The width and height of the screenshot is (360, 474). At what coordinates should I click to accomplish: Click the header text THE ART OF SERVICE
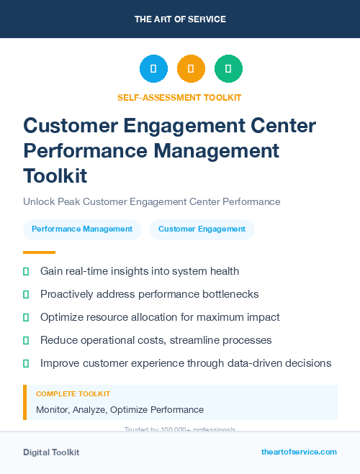click(x=180, y=19)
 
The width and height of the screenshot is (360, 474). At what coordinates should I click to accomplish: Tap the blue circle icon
click(x=153, y=69)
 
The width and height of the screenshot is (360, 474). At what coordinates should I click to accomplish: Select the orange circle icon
click(x=191, y=69)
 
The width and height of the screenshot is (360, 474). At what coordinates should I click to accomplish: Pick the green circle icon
click(x=228, y=69)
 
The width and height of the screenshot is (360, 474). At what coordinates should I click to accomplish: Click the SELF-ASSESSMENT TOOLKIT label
click(x=179, y=97)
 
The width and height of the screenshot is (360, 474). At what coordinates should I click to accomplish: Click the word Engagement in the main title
click(x=196, y=126)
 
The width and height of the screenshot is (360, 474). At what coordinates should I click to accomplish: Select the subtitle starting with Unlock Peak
click(x=151, y=202)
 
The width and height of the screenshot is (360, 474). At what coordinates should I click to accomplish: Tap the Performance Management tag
click(x=82, y=229)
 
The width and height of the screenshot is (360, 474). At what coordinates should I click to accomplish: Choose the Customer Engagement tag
click(x=202, y=229)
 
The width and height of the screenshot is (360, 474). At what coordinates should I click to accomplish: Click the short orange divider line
click(x=39, y=252)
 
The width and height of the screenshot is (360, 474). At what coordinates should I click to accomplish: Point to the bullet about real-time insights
click(x=140, y=271)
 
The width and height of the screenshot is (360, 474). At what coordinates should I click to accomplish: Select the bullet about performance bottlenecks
click(x=149, y=294)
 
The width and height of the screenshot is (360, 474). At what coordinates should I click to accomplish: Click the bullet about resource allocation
click(x=160, y=317)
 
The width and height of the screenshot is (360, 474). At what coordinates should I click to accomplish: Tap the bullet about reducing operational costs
click(x=156, y=340)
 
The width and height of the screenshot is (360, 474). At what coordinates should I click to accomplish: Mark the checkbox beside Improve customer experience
click(x=26, y=363)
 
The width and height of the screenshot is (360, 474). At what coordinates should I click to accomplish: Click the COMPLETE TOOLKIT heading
click(x=73, y=394)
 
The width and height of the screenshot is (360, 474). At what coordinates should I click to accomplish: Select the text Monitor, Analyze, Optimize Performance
click(x=120, y=409)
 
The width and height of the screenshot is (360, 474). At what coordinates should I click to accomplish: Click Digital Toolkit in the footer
click(x=51, y=452)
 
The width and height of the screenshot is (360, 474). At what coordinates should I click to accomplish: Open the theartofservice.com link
click(x=299, y=452)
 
